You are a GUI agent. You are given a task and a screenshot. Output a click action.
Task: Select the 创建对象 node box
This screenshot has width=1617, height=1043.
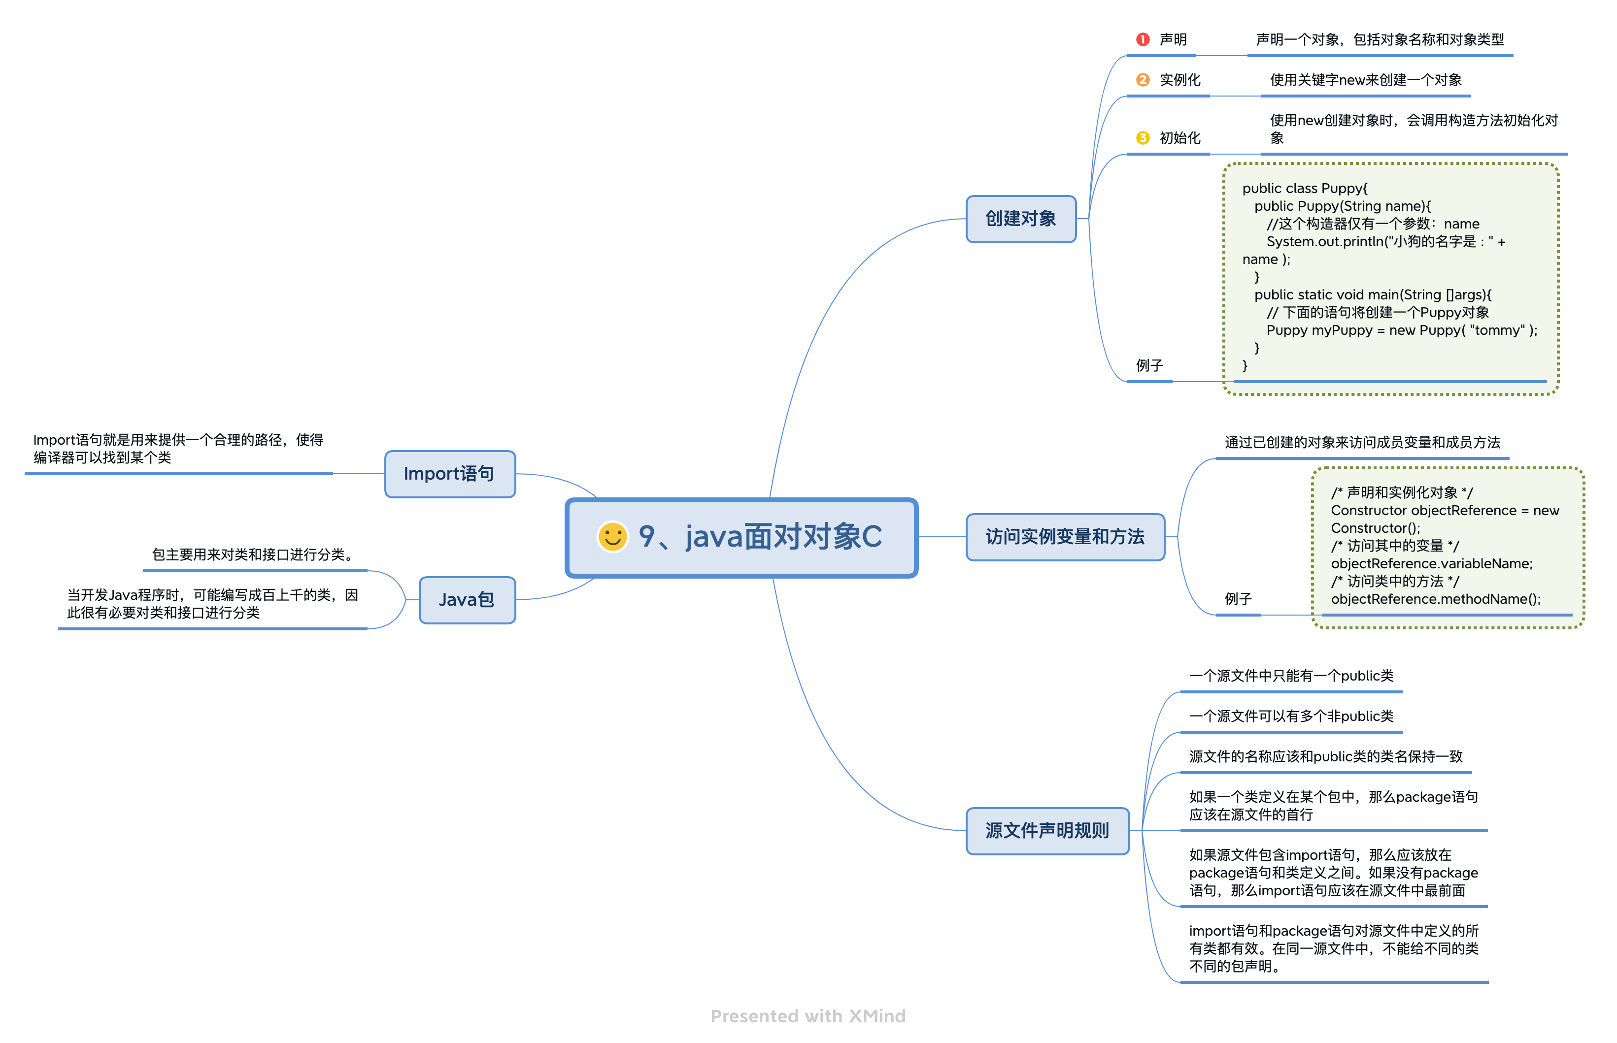pyautogui.click(x=1020, y=219)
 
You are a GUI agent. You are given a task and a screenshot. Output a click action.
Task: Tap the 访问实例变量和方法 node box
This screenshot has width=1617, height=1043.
pyautogui.click(x=1064, y=537)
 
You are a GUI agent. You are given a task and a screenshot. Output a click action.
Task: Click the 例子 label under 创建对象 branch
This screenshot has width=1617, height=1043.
pyautogui.click(x=1149, y=366)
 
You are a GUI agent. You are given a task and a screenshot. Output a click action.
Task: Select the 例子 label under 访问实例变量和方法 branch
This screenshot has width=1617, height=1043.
pyautogui.click(x=1238, y=599)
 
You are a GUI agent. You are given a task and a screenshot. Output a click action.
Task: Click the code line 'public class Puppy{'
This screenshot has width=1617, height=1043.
pyautogui.click(x=1304, y=188)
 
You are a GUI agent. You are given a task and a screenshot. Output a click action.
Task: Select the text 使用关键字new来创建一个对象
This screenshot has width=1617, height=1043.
pyautogui.click(x=1365, y=80)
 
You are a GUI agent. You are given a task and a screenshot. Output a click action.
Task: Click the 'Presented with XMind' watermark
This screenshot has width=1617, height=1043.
pyautogui.click(x=808, y=1016)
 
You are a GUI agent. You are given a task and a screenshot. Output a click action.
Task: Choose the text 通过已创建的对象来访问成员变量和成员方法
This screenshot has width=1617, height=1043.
pyautogui.click(x=1362, y=442)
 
